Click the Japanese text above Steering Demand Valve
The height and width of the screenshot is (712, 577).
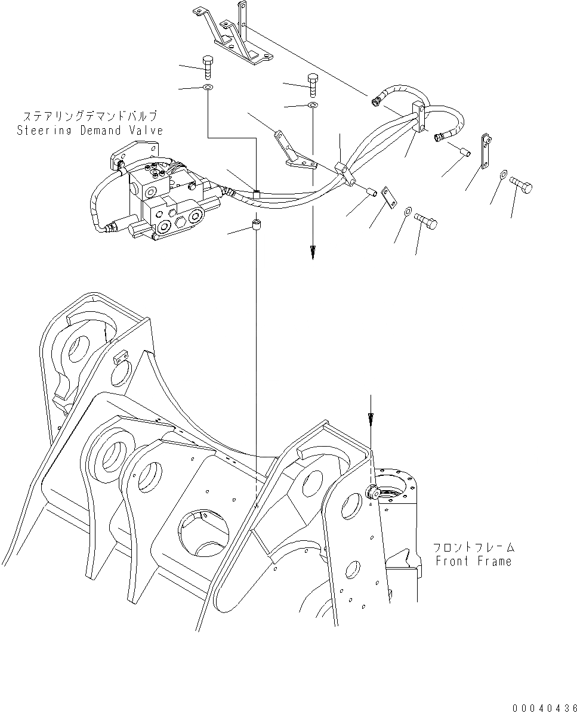[x=90, y=116]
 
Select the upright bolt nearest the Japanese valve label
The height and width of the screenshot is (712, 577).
[x=208, y=67]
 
